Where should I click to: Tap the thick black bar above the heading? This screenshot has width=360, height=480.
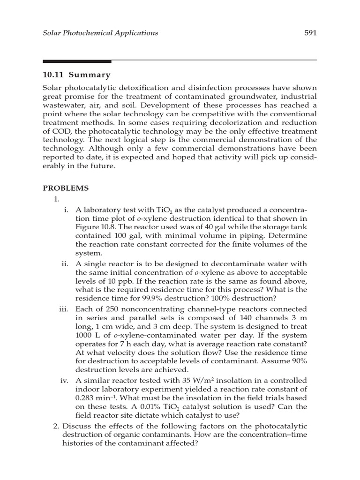(x=77, y=61)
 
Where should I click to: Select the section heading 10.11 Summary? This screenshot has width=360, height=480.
(x=76, y=75)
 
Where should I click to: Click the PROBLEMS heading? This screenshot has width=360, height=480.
(x=66, y=188)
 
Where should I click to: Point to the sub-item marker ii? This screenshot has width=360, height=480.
(x=65, y=264)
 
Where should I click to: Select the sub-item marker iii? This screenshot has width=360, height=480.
(x=64, y=309)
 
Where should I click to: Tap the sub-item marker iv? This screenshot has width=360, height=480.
(x=65, y=380)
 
